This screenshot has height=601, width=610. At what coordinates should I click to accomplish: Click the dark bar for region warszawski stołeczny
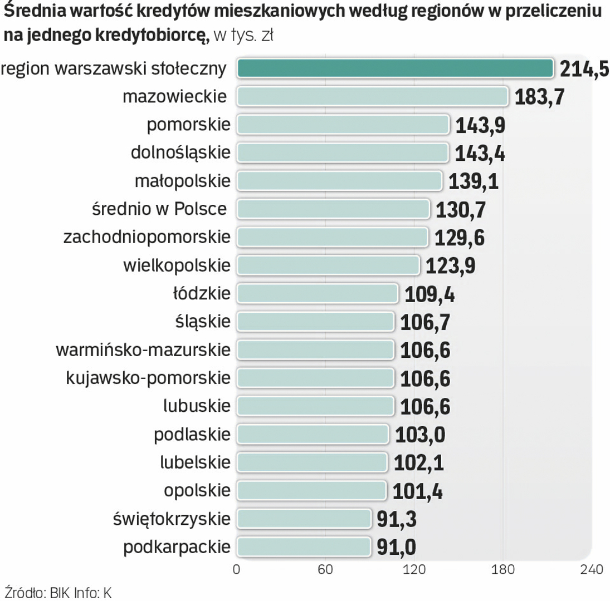[x=395, y=68]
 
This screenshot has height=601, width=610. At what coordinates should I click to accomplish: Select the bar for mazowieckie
[x=372, y=96]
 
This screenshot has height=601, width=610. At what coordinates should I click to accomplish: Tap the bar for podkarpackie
[x=304, y=546]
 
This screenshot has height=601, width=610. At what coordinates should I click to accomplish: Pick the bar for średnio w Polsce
[x=333, y=209]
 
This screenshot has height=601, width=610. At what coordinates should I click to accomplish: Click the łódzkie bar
[x=318, y=293]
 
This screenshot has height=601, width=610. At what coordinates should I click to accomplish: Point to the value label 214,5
[x=583, y=69]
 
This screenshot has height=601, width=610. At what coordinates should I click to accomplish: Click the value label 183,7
[x=539, y=97]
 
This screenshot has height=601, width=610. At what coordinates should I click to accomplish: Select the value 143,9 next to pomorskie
[x=480, y=125]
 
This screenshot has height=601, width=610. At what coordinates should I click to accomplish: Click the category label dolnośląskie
[x=180, y=152]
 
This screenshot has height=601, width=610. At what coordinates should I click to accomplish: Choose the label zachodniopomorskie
[x=147, y=237]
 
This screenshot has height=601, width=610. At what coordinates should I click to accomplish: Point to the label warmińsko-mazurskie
[x=143, y=349]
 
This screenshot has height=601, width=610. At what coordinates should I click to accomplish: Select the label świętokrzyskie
[x=170, y=519]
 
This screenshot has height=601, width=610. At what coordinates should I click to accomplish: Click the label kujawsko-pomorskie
[x=148, y=378]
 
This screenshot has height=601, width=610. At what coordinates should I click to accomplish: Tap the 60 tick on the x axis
[x=325, y=570]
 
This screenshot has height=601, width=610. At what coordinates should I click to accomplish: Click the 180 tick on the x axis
[x=502, y=570]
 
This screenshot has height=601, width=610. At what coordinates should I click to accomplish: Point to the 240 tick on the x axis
[x=591, y=570]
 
